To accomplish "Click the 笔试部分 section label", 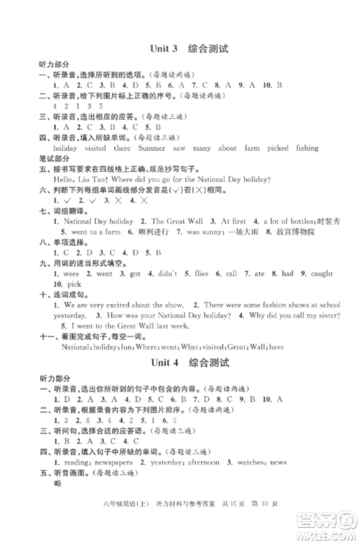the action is click(x=55, y=158).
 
